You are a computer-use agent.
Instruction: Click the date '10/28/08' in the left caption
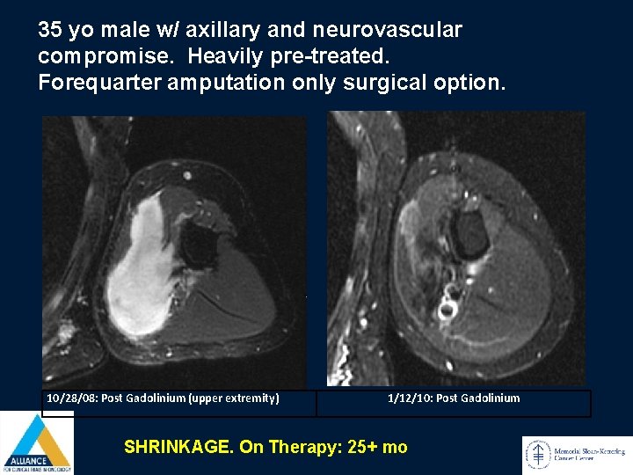pyautogui.click(x=72, y=398)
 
